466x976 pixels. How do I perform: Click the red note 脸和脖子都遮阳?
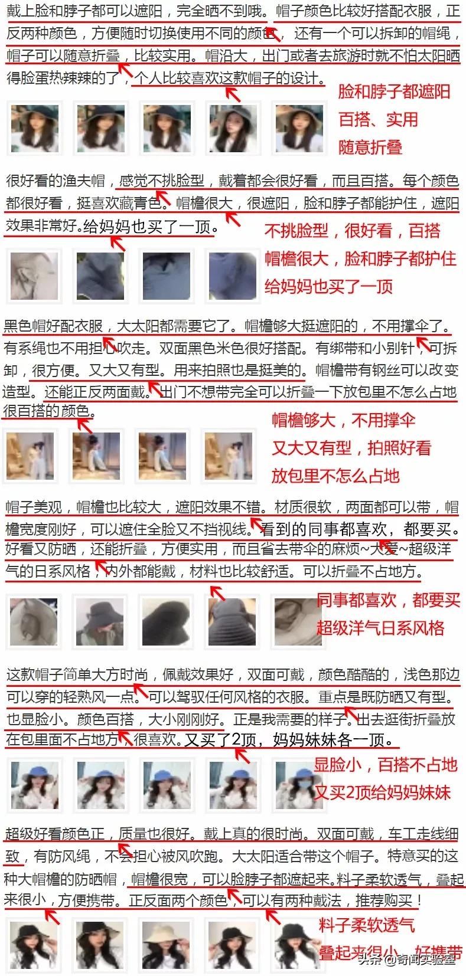point(393,92)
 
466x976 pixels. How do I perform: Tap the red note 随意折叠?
point(370,147)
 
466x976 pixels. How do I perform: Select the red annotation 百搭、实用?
point(378,120)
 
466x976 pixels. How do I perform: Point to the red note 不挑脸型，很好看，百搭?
point(352,231)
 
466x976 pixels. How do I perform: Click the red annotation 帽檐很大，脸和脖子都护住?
point(360,258)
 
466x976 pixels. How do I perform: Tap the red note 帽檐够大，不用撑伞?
point(343,420)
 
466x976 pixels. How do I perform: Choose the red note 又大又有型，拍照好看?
point(351,448)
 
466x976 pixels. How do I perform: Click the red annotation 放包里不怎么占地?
point(335,476)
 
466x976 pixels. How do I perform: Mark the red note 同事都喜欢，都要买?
point(387,600)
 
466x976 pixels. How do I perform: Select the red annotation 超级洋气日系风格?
point(380,627)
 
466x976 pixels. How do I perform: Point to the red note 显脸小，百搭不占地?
point(385,765)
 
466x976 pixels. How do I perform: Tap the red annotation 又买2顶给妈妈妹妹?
point(382,792)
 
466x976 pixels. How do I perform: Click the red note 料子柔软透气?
point(366,925)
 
